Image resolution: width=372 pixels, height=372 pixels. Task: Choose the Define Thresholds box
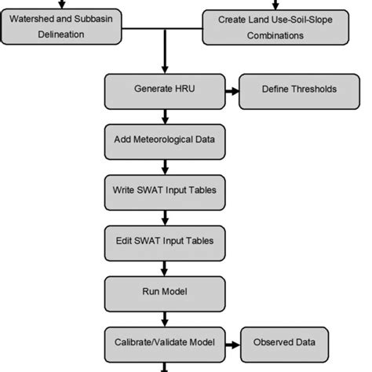[x=288, y=89]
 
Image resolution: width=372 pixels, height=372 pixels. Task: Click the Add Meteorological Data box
[x=165, y=141]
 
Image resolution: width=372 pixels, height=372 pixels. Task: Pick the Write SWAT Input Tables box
[x=165, y=190]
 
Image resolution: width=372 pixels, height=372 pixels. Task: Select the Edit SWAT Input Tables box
[x=165, y=241]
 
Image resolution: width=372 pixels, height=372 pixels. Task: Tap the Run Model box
[x=165, y=292]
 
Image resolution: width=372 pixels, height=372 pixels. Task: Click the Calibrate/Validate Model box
[x=165, y=343]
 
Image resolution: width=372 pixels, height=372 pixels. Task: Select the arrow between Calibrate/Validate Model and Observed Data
[x=232, y=343]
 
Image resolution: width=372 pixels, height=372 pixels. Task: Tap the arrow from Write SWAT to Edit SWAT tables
[x=165, y=216]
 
